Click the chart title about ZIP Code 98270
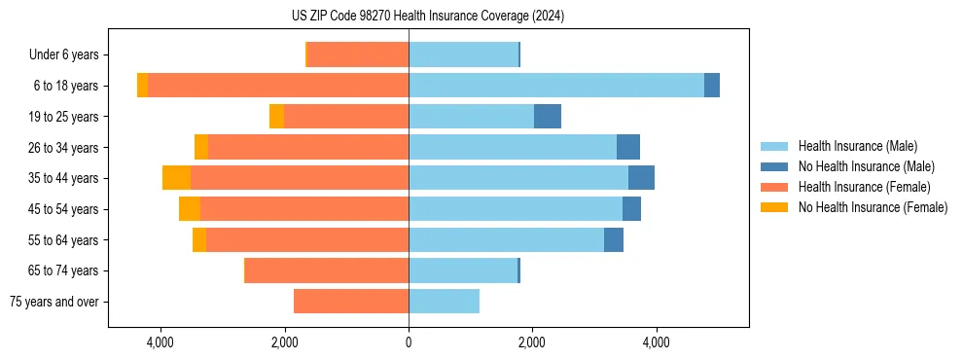pos(427,17)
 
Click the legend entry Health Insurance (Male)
pos(857,146)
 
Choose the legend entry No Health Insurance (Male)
pos(866,166)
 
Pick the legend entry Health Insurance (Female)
pos(864,187)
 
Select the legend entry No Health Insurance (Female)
pos(873,207)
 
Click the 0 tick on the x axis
pos(409,342)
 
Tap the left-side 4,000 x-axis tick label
pos(160,342)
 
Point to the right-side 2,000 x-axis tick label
pos(532,342)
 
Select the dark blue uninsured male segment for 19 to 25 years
pos(548,117)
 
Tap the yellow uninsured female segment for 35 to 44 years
pos(176,178)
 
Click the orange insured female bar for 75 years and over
pos(351,302)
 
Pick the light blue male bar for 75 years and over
pos(444,302)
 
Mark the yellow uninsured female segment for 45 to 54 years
pos(190,209)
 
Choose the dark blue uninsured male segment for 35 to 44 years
pos(641,178)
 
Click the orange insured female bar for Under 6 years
pos(358,55)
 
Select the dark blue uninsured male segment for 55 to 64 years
pos(614,240)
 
